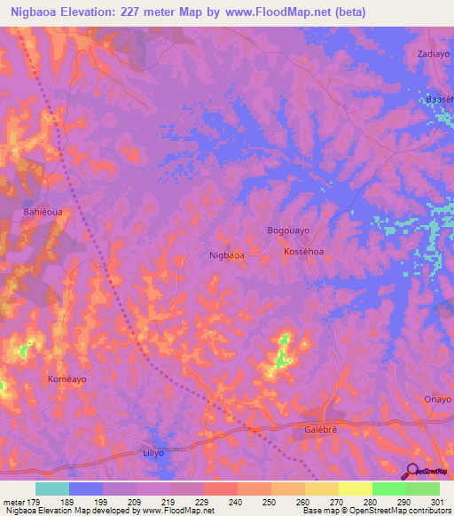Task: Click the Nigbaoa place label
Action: coord(226,255)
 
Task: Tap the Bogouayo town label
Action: coord(288,231)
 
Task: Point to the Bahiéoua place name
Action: coord(41,213)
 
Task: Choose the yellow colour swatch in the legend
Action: coord(355,489)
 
